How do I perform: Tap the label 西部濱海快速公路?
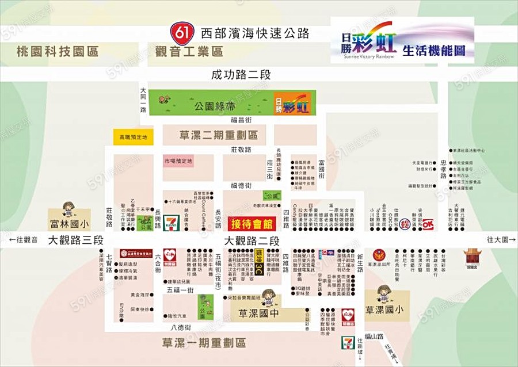255,32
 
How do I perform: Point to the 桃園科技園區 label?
58,52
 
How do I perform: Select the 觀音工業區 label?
189,52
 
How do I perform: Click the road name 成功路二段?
241,75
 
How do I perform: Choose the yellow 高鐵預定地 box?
133,137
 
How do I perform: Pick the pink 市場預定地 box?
178,161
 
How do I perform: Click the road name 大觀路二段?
252,240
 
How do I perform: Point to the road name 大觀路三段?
75,240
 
